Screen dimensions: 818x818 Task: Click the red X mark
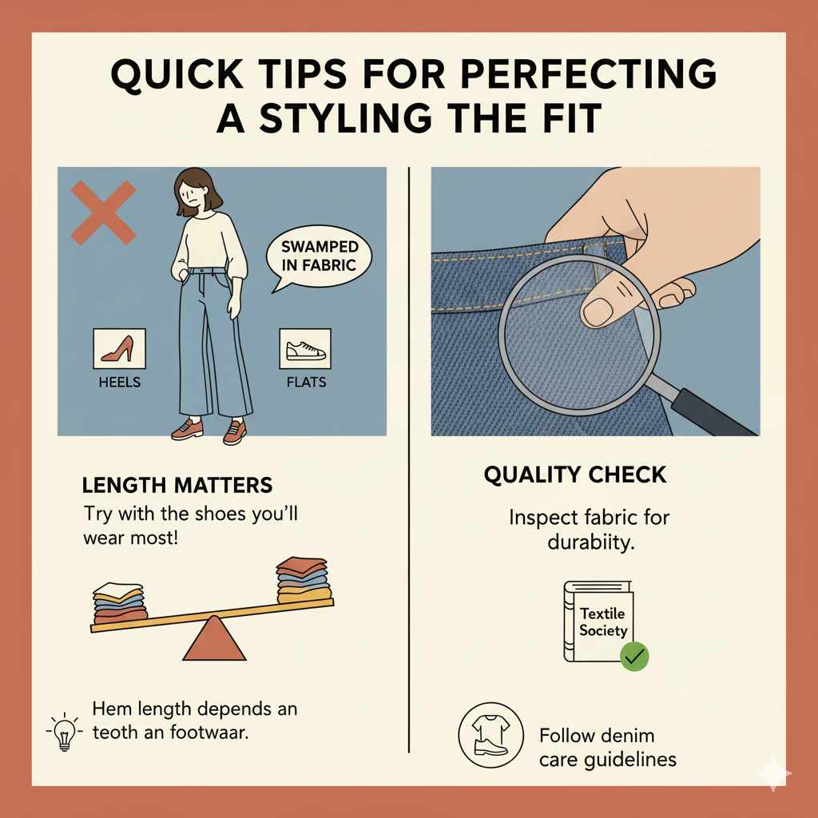pyautogui.click(x=104, y=212)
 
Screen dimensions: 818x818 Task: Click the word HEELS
pyautogui.click(x=119, y=382)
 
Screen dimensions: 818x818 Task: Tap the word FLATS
pyautogui.click(x=306, y=382)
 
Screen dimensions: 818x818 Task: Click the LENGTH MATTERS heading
pyautogui.click(x=177, y=485)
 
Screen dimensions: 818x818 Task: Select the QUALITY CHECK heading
pyautogui.click(x=574, y=475)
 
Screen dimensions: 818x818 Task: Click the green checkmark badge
pyautogui.click(x=635, y=657)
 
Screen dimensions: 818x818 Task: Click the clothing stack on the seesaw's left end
pyautogui.click(x=121, y=603)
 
